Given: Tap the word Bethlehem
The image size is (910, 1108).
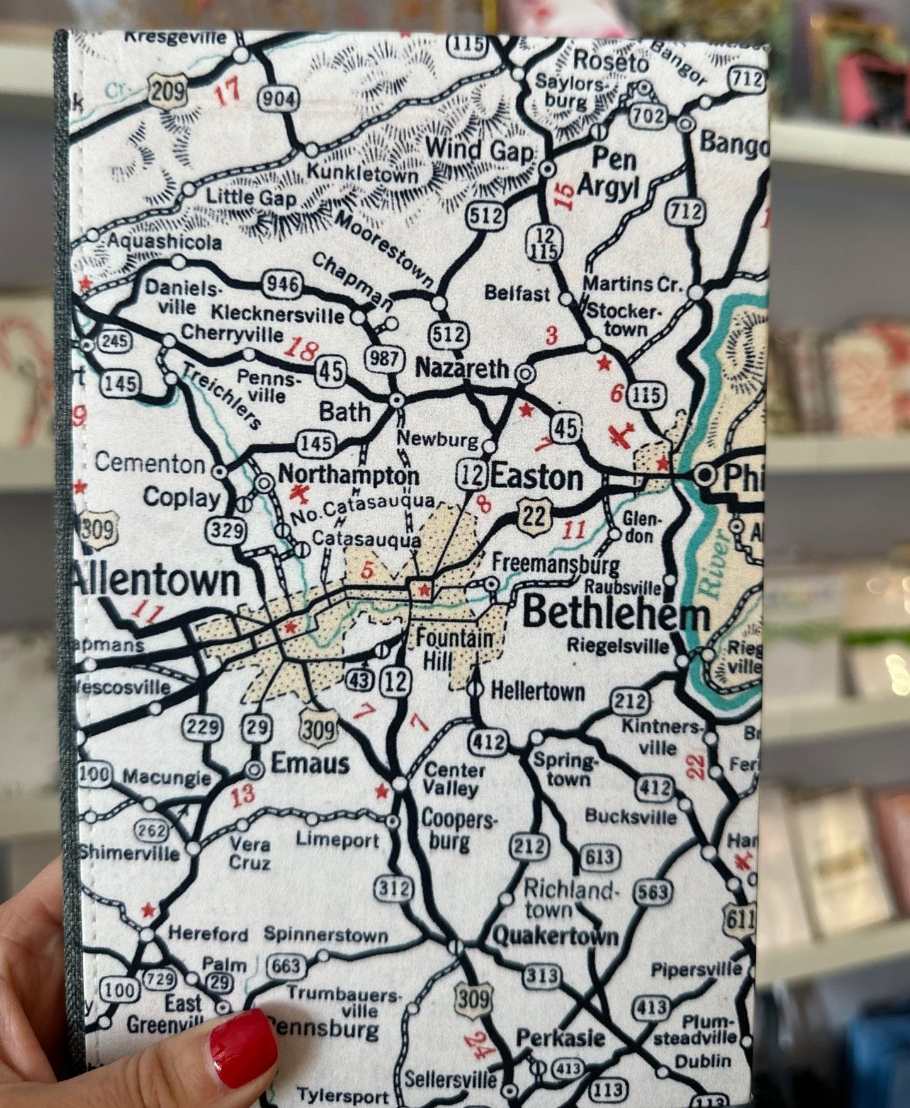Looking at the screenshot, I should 616,613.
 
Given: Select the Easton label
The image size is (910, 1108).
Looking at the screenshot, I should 536,478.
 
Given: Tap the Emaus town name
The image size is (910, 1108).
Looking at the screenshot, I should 309,763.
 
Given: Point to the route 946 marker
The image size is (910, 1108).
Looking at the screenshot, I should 281,283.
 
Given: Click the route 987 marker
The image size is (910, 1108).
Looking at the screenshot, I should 384,359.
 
